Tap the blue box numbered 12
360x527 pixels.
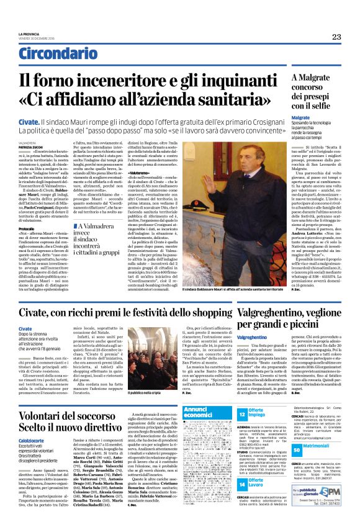coord(243,413)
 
